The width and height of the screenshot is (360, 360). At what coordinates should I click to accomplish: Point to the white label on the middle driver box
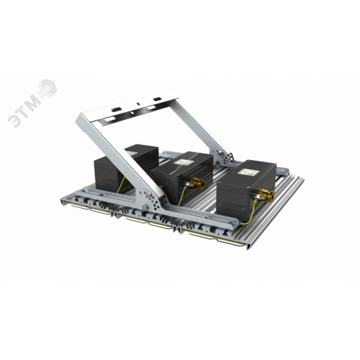click(186, 159)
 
